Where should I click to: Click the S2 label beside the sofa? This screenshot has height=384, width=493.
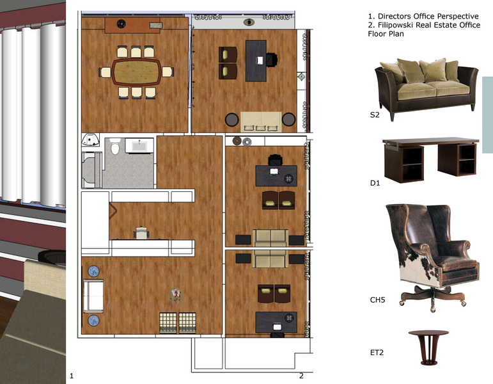point(375,115)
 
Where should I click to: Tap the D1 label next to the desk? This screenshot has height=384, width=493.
point(375,183)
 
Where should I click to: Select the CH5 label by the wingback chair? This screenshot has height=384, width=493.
point(377,300)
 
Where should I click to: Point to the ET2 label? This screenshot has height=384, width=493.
point(377,353)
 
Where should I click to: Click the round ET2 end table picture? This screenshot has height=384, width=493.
point(428,348)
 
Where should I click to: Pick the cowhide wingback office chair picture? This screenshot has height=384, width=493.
point(433,257)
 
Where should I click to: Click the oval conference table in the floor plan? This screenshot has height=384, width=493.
point(136,72)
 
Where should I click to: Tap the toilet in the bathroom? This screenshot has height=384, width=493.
point(115,147)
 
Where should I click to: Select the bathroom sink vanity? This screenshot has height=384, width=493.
point(139,145)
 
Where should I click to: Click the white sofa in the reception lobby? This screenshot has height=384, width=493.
point(93,296)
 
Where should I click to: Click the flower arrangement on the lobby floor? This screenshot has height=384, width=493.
point(176,294)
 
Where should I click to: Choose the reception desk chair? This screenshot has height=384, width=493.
point(141,233)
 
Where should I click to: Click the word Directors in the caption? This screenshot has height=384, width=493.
point(395,17)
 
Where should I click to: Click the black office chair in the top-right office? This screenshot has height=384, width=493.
point(272,60)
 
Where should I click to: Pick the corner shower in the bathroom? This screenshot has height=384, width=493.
point(91,140)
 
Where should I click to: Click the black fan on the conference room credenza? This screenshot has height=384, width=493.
point(121,24)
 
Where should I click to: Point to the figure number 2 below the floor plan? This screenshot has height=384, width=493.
point(302,376)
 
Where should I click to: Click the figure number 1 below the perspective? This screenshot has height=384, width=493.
point(72,376)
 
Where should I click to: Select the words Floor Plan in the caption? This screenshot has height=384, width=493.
point(386,34)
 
